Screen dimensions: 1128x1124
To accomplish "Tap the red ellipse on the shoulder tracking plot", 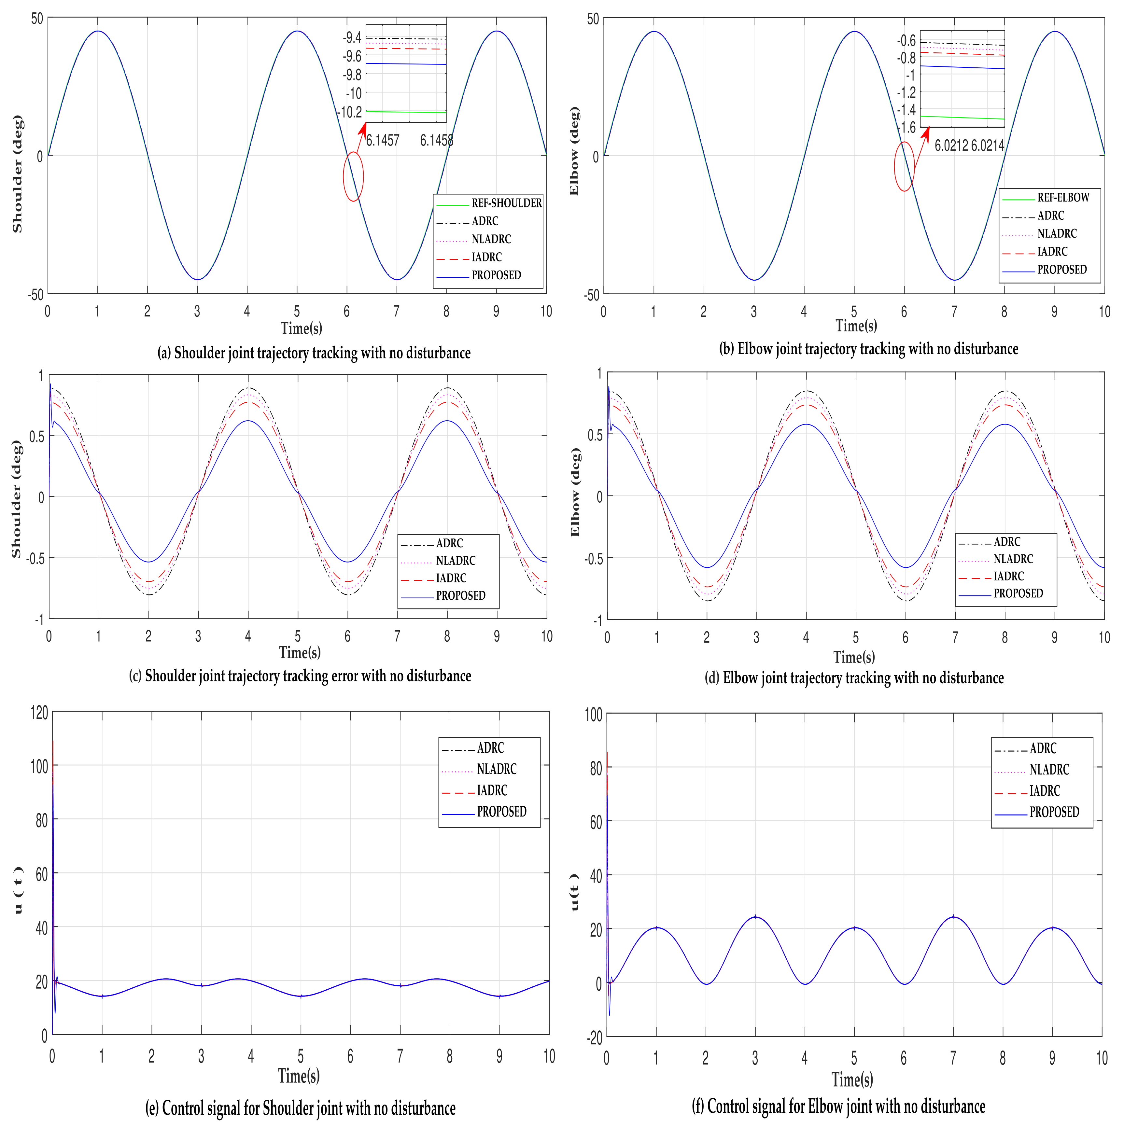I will [x=353, y=176].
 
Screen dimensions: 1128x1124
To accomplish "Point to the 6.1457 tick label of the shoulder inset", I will [x=383, y=140].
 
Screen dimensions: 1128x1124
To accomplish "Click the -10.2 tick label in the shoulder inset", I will [x=350, y=112].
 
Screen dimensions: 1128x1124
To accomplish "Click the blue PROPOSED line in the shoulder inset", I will [x=406, y=63].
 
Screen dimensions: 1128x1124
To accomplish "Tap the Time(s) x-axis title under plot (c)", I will [x=300, y=652].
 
